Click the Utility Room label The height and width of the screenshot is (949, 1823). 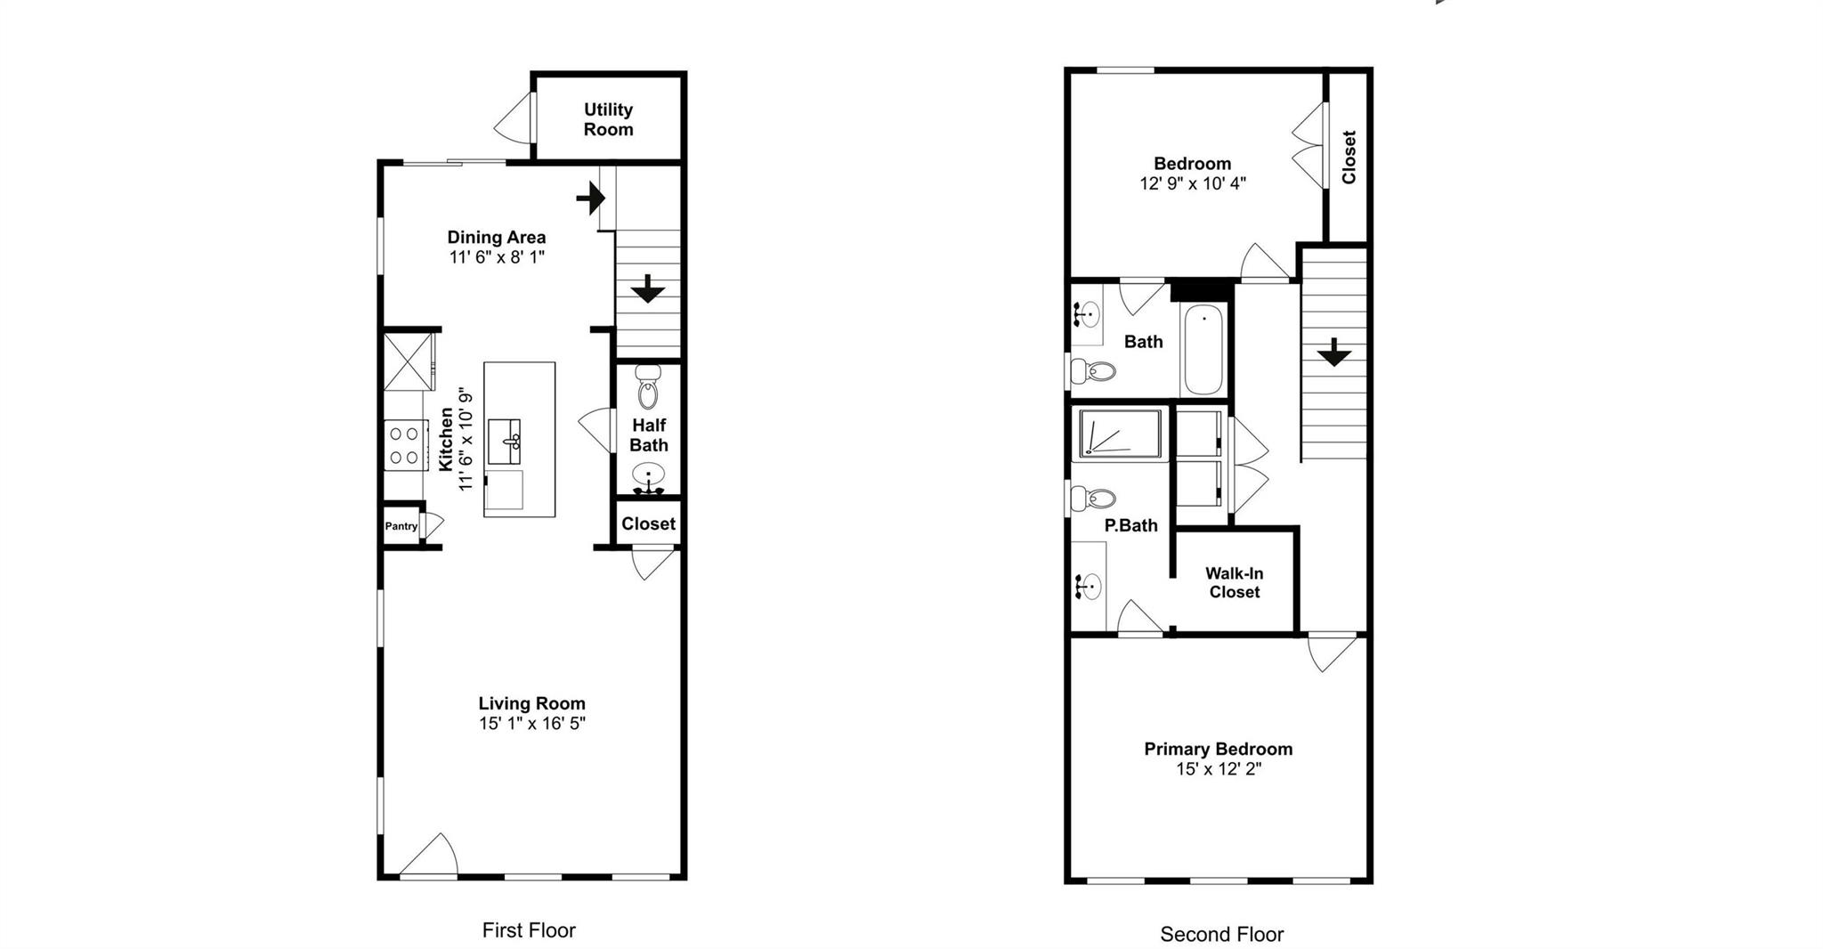pyautogui.click(x=608, y=119)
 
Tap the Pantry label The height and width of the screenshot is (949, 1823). pyautogui.click(x=401, y=526)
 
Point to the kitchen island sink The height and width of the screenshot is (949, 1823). pyautogui.click(x=510, y=440)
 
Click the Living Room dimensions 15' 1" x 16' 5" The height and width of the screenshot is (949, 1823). pyautogui.click(x=531, y=724)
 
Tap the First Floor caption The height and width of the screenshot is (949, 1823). pyautogui.click(x=529, y=930)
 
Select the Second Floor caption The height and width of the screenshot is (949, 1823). pyautogui.click(x=1221, y=934)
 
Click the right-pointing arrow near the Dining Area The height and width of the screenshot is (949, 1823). pyautogui.click(x=590, y=198)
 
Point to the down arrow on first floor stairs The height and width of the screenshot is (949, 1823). pyautogui.click(x=647, y=288)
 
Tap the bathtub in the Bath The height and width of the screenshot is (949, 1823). pyautogui.click(x=1204, y=350)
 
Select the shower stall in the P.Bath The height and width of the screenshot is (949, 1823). pyautogui.click(x=1120, y=434)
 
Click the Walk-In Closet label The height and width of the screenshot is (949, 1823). pyautogui.click(x=1234, y=583)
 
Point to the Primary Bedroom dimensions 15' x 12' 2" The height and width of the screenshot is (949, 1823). pyautogui.click(x=1218, y=769)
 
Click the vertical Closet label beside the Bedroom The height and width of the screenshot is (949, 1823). pyautogui.click(x=1349, y=157)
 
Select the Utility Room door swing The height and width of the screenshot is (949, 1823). pyautogui.click(x=514, y=118)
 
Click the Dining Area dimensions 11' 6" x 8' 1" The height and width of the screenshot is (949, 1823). pyautogui.click(x=496, y=257)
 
